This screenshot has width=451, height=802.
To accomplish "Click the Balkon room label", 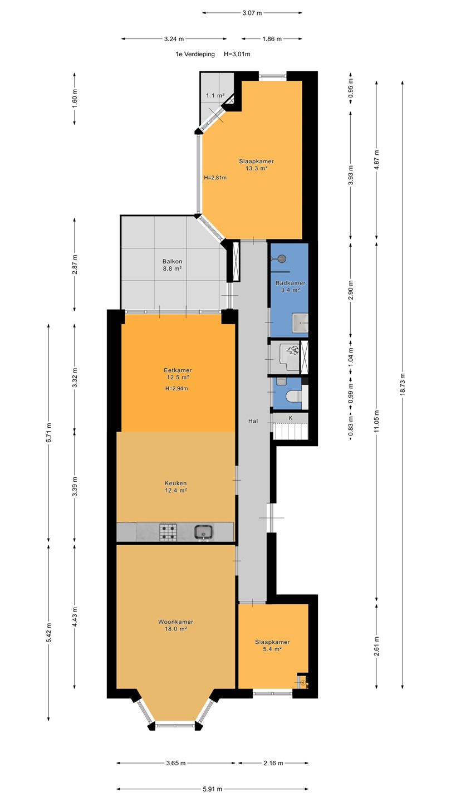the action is coord(172,261).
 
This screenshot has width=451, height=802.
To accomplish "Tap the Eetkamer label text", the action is coord(178,370).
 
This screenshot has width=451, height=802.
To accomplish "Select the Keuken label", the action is coord(176,483).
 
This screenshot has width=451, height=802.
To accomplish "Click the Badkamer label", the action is coord(290,283).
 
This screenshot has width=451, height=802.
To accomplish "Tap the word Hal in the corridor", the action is coord(253,421).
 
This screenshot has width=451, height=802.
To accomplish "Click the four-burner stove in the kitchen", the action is coord(168,532).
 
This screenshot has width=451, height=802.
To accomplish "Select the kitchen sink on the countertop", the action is coord(204,532).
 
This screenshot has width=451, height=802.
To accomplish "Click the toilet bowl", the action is coord(294,396).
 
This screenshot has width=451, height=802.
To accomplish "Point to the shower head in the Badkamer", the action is coord(282,258).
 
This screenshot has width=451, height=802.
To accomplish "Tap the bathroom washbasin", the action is coord(300,322).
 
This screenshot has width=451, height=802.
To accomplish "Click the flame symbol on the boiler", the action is coord(292,350).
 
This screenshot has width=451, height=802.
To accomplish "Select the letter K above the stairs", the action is coord(291,418).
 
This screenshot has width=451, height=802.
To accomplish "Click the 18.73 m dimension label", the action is coord(403,384).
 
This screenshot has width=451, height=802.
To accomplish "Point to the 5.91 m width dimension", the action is coord(212,789).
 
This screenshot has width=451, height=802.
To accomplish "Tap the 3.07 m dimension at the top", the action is coord(252,13).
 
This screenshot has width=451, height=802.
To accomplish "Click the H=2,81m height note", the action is coord(215,178).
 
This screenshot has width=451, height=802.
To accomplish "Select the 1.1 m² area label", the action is coord(215,96).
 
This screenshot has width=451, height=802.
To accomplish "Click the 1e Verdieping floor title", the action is coord(195,54).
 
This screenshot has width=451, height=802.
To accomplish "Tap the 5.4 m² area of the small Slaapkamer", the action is coord(272,649).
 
